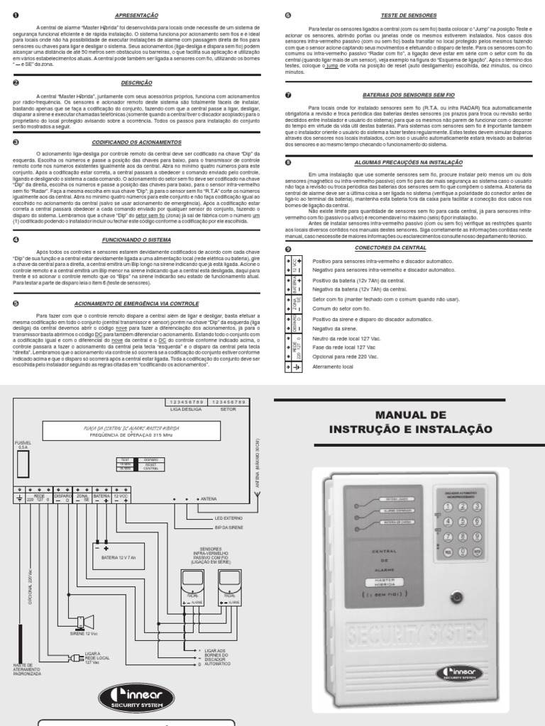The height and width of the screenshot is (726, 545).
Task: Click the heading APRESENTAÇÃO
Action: click(136, 15)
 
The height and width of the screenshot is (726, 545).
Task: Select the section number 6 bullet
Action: click(287, 15)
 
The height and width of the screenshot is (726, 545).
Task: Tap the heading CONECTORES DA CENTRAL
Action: click(411, 248)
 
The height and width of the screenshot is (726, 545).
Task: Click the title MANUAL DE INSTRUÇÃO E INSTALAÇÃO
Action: click(411, 422)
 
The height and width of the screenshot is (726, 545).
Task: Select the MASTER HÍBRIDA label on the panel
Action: click(384, 581)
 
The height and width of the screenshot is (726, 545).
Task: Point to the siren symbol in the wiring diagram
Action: click(85, 622)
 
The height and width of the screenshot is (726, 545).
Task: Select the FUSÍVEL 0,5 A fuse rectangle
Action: click(23, 464)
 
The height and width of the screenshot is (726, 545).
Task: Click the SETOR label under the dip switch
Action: click(228, 409)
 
